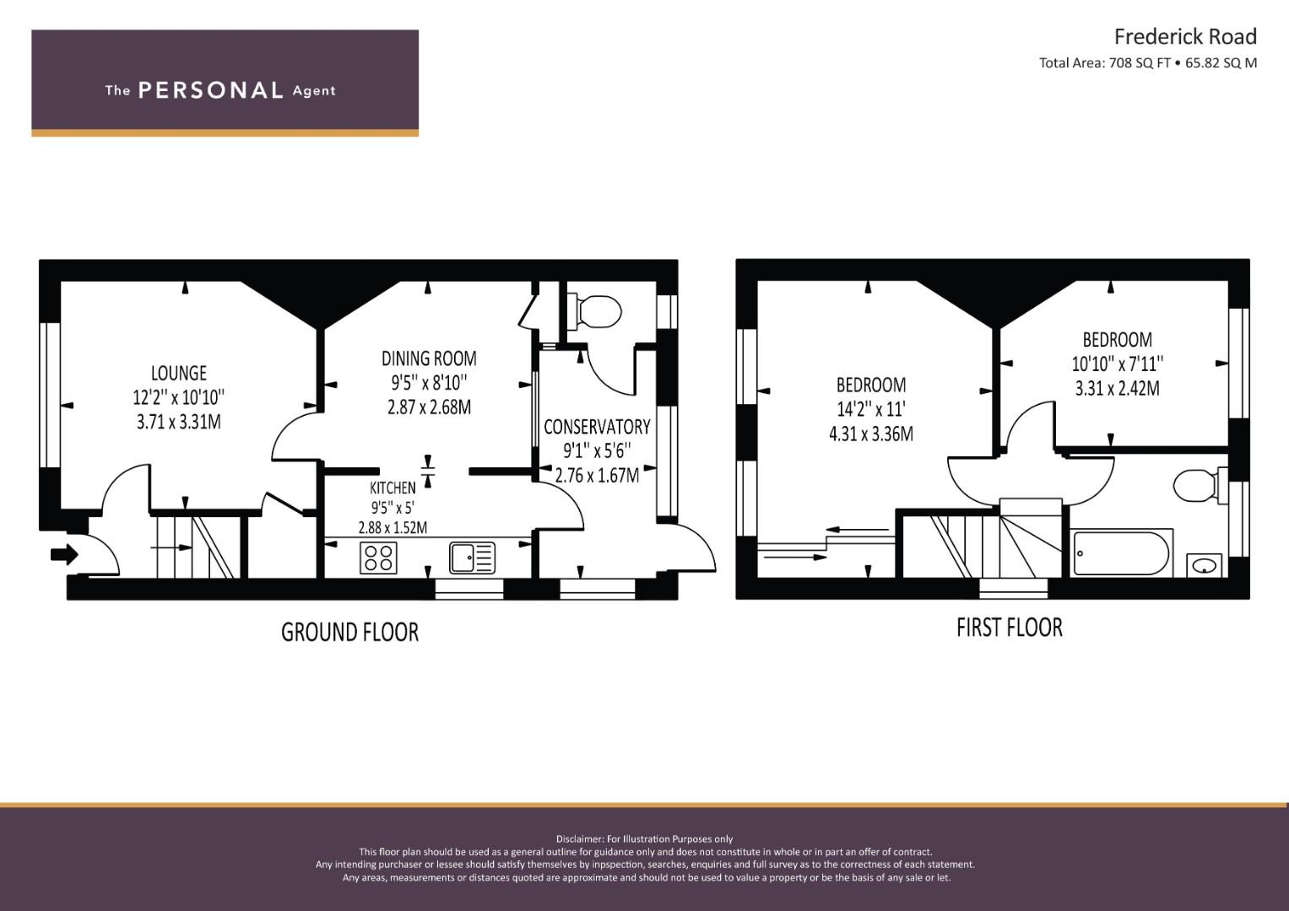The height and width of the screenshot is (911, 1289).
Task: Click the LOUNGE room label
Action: (178, 373)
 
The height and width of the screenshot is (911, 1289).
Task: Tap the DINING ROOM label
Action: (429, 358)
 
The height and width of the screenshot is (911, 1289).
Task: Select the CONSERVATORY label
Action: (597, 427)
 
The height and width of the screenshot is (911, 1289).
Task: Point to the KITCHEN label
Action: (393, 488)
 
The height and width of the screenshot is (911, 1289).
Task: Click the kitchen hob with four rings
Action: (378, 558)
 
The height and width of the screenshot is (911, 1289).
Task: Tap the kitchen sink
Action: (472, 558)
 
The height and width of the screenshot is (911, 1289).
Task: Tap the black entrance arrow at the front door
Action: (64, 555)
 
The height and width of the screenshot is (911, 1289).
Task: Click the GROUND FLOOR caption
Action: (349, 633)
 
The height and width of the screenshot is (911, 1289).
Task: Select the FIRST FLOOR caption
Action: (1010, 628)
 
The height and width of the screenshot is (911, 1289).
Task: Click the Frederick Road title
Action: (1185, 37)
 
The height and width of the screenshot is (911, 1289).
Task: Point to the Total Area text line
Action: (1148, 63)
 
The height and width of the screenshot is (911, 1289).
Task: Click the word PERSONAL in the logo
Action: (211, 90)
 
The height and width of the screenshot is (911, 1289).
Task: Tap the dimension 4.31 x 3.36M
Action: (870, 434)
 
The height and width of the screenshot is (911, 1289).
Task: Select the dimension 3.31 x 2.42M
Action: (1117, 389)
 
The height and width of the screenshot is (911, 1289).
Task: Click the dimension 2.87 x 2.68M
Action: (429, 407)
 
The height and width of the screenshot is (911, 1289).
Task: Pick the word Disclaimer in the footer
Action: (580, 839)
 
